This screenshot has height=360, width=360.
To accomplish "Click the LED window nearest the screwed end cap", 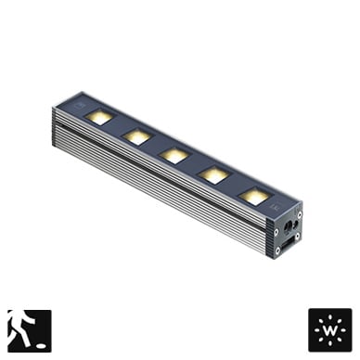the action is (253, 196).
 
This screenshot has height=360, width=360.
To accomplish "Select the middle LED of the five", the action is (174, 156).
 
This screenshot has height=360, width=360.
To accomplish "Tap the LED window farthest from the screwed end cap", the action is (99, 117).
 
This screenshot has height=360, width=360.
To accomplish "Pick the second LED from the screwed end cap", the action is (214, 175).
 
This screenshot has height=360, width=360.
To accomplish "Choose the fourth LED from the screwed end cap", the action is (136, 136).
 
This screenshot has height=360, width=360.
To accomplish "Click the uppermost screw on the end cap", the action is (300, 213).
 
